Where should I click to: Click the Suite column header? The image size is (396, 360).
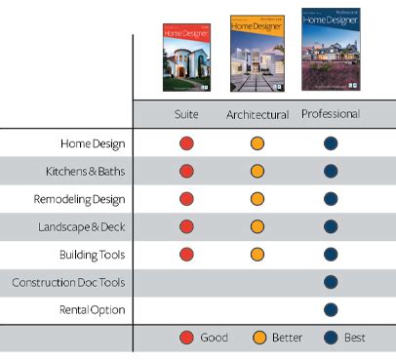click(186, 114)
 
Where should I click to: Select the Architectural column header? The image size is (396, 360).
click(257, 115)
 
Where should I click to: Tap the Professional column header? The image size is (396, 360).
click(330, 114)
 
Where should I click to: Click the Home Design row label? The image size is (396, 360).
click(92, 143)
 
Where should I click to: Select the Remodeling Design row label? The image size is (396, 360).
click(79, 199)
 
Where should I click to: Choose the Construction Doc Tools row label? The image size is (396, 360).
click(66, 283)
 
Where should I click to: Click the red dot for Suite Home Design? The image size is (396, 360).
click(186, 143)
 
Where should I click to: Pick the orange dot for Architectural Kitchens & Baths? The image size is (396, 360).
click(257, 172)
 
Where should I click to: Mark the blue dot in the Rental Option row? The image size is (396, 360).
click(330, 310)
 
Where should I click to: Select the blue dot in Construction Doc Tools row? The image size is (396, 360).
click(330, 283)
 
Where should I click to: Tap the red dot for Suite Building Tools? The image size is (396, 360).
click(186, 255)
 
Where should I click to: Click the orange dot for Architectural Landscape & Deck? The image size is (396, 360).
click(257, 227)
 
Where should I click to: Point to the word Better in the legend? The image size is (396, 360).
click(288, 338)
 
